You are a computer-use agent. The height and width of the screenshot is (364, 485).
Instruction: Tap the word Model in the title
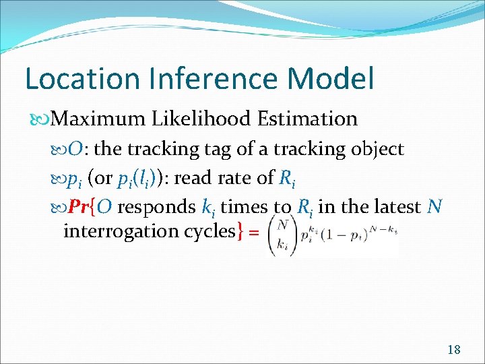point(331,78)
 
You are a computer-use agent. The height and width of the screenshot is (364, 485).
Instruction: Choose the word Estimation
point(307,119)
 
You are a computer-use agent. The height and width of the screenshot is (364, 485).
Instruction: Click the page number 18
point(453,349)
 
